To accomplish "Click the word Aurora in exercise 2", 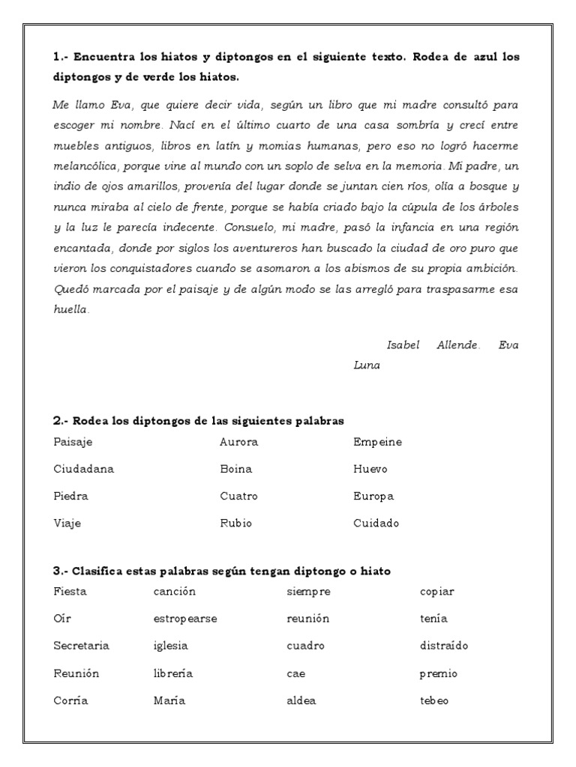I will (238, 442).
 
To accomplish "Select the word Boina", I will (235, 469).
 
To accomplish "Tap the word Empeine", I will (377, 442).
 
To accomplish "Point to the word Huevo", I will (370, 469).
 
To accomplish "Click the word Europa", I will (373, 496).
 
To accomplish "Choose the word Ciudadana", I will (83, 469).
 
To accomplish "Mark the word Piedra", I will (70, 496).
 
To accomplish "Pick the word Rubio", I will (235, 523).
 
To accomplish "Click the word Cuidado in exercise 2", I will (376, 523).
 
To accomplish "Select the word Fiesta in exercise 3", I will (70, 592).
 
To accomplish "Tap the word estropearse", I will (185, 619).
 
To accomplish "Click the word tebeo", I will (434, 700).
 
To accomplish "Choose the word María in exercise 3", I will (169, 700).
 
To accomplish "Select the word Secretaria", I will (81, 646).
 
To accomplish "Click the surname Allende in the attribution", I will (457, 345).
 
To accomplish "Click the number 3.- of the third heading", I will (61, 571).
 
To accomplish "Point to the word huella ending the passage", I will (70, 309).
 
